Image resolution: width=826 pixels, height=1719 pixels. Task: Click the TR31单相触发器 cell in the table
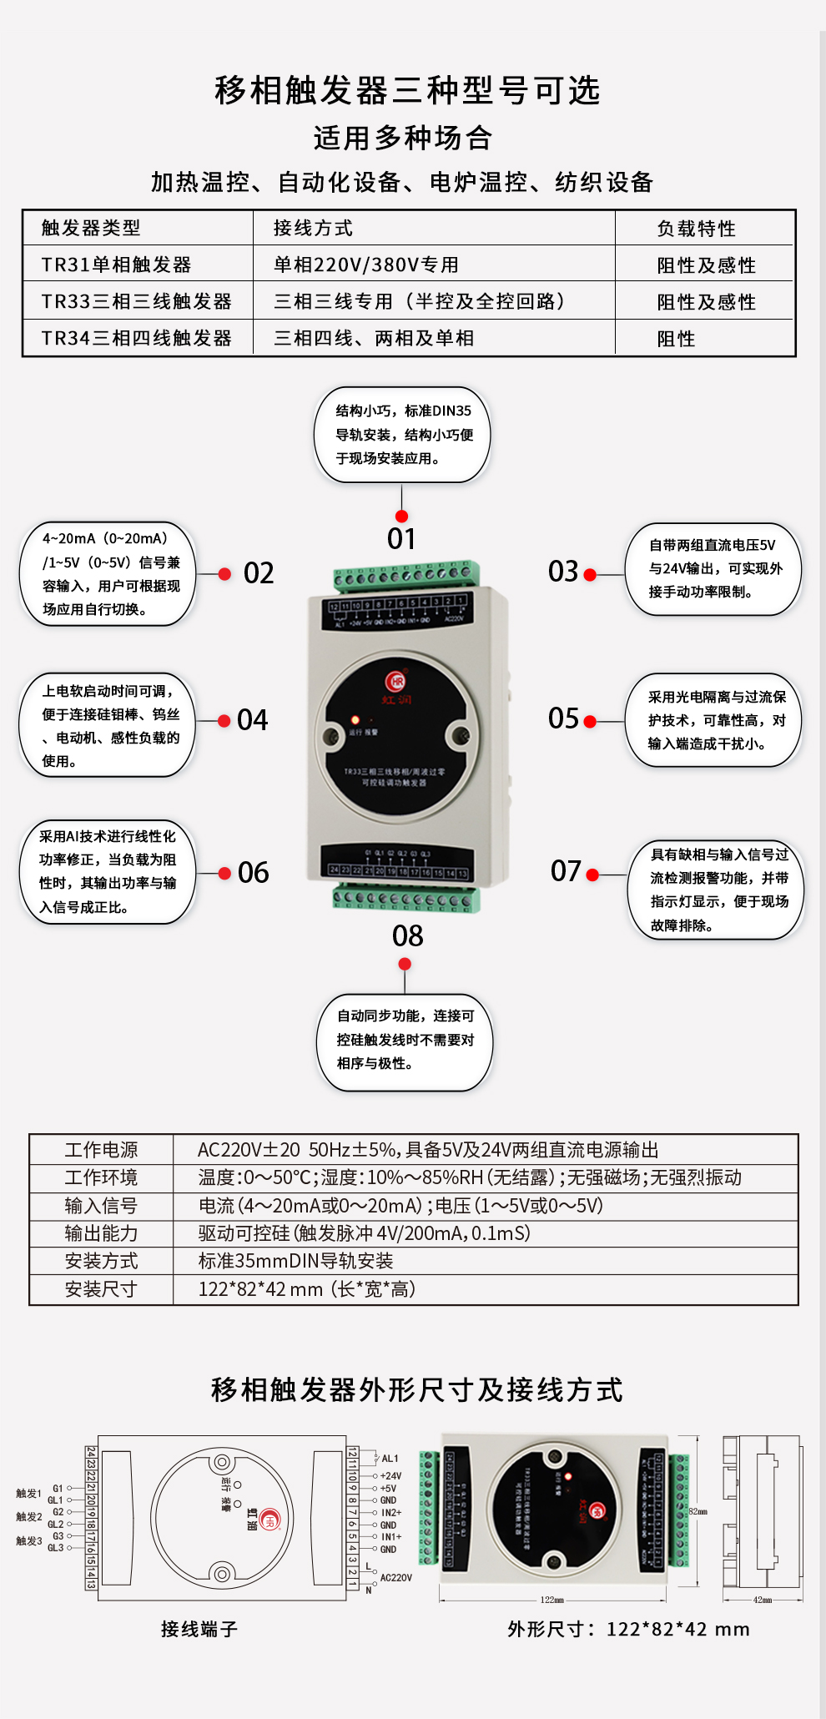click(x=116, y=265)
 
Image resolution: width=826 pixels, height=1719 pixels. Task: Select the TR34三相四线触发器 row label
click(x=136, y=338)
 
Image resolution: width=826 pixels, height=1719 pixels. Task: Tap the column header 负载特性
click(x=696, y=229)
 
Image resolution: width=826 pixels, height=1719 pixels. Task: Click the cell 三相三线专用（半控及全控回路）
click(x=420, y=301)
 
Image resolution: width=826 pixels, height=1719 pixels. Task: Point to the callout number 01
click(x=401, y=539)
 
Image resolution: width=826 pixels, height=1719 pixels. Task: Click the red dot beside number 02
click(x=224, y=574)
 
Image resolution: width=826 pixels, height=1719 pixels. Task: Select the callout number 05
click(x=563, y=718)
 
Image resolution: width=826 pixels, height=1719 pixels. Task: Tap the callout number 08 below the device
click(x=407, y=936)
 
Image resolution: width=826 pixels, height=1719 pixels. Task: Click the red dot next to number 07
click(x=592, y=875)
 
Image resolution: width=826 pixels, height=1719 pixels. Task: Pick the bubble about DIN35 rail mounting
click(x=402, y=435)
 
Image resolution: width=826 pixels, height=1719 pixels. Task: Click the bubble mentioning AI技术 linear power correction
click(x=108, y=871)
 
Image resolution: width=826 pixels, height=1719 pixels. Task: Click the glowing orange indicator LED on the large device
click(x=355, y=719)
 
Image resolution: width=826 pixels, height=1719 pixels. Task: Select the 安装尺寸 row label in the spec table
click(x=101, y=1289)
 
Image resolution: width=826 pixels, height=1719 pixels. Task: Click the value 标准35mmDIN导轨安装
click(x=295, y=1261)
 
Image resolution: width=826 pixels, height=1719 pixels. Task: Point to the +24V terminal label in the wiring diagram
click(x=390, y=1476)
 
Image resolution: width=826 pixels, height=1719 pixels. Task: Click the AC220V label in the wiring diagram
click(x=395, y=1578)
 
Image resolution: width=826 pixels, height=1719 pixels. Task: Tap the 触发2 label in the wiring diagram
click(x=28, y=1516)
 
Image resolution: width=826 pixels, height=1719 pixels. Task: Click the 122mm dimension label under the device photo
click(x=552, y=1600)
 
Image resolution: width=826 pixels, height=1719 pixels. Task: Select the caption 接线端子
click(x=199, y=1629)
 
